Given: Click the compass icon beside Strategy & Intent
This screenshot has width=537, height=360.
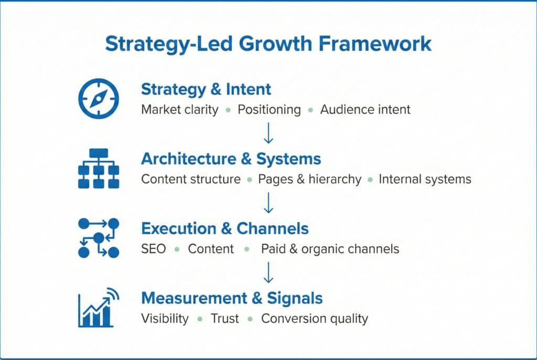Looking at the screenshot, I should (x=99, y=98).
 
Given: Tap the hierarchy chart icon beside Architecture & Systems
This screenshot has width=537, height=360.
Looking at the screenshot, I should (x=99, y=168).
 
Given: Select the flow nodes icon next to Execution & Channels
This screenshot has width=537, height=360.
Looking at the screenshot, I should (x=99, y=238).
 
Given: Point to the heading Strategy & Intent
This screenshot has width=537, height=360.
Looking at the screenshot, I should (x=206, y=89).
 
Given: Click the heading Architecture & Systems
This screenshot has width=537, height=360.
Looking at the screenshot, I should (x=231, y=159).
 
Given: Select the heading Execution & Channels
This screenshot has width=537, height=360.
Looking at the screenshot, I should (x=225, y=228).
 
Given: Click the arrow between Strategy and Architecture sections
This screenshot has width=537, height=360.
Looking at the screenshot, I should (x=268, y=133).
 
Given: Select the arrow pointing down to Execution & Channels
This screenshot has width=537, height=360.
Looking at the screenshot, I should (x=268, y=203).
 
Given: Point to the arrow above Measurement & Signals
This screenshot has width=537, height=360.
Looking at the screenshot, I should (x=268, y=272).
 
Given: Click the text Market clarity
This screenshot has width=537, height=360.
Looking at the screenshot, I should (x=180, y=110).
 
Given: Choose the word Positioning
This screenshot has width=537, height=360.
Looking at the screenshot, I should (x=269, y=110).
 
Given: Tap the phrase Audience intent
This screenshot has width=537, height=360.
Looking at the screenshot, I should (x=365, y=110).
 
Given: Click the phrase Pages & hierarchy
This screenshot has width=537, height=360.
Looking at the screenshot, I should (x=309, y=179).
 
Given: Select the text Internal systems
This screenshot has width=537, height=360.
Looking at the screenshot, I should (x=425, y=179).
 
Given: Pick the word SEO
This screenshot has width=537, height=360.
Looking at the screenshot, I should (x=153, y=249).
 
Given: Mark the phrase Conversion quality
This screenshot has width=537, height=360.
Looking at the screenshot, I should (x=315, y=319).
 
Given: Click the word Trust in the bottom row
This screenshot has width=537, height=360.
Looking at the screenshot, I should (x=224, y=319).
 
